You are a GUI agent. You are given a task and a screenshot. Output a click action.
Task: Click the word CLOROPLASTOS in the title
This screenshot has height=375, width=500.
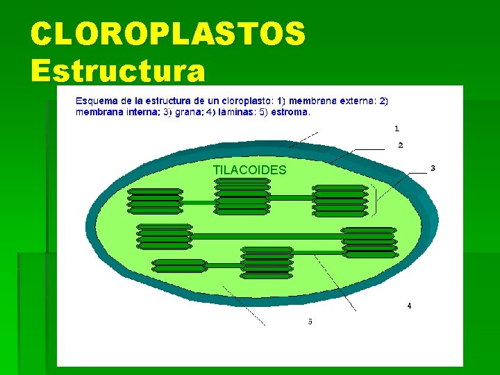[168, 33]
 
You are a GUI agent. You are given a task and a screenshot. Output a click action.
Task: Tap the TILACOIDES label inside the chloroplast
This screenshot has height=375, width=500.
[249, 170]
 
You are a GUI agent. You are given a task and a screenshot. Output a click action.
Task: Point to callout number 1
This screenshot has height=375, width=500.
[397, 128]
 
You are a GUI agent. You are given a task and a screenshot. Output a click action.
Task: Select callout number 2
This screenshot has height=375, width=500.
[401, 145]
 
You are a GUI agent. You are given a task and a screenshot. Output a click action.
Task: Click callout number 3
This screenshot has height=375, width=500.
[433, 168]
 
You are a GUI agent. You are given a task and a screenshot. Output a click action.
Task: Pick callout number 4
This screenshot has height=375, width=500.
[409, 306]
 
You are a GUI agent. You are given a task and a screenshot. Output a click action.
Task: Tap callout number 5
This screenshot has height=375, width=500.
[310, 322]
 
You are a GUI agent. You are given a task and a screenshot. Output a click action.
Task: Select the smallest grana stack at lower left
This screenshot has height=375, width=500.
[179, 265]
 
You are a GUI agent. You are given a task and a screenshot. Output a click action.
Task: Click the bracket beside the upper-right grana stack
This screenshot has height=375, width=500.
[376, 200]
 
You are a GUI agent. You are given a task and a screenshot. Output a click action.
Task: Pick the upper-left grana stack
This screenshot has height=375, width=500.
[155, 201]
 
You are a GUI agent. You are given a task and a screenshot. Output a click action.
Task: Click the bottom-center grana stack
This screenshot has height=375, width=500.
[267, 262]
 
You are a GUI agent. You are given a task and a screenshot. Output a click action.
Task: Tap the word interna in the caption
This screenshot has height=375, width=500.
[142, 111]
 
